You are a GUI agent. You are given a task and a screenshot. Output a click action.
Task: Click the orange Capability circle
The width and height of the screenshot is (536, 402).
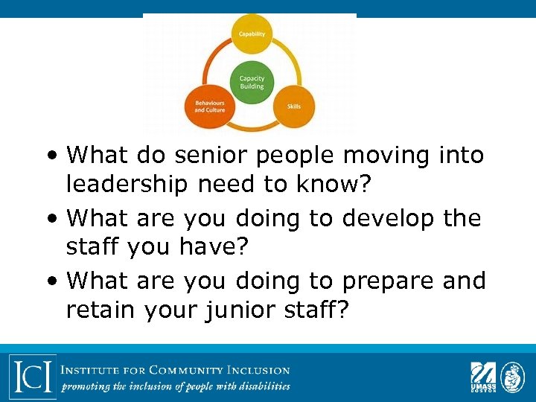pyautogui.click(x=252, y=34)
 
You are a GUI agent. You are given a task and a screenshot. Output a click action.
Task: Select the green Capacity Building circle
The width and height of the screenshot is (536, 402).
pyautogui.click(x=252, y=82)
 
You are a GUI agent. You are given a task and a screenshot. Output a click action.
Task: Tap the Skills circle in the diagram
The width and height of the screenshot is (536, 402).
pyautogui.click(x=294, y=106)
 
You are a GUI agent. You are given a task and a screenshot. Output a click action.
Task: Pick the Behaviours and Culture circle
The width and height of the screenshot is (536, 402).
pyautogui.click(x=210, y=106)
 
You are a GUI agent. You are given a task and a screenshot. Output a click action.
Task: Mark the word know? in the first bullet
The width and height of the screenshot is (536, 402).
pyautogui.click(x=317, y=184)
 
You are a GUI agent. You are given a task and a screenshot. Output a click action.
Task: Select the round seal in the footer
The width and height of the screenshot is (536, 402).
pyautogui.click(x=513, y=376)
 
